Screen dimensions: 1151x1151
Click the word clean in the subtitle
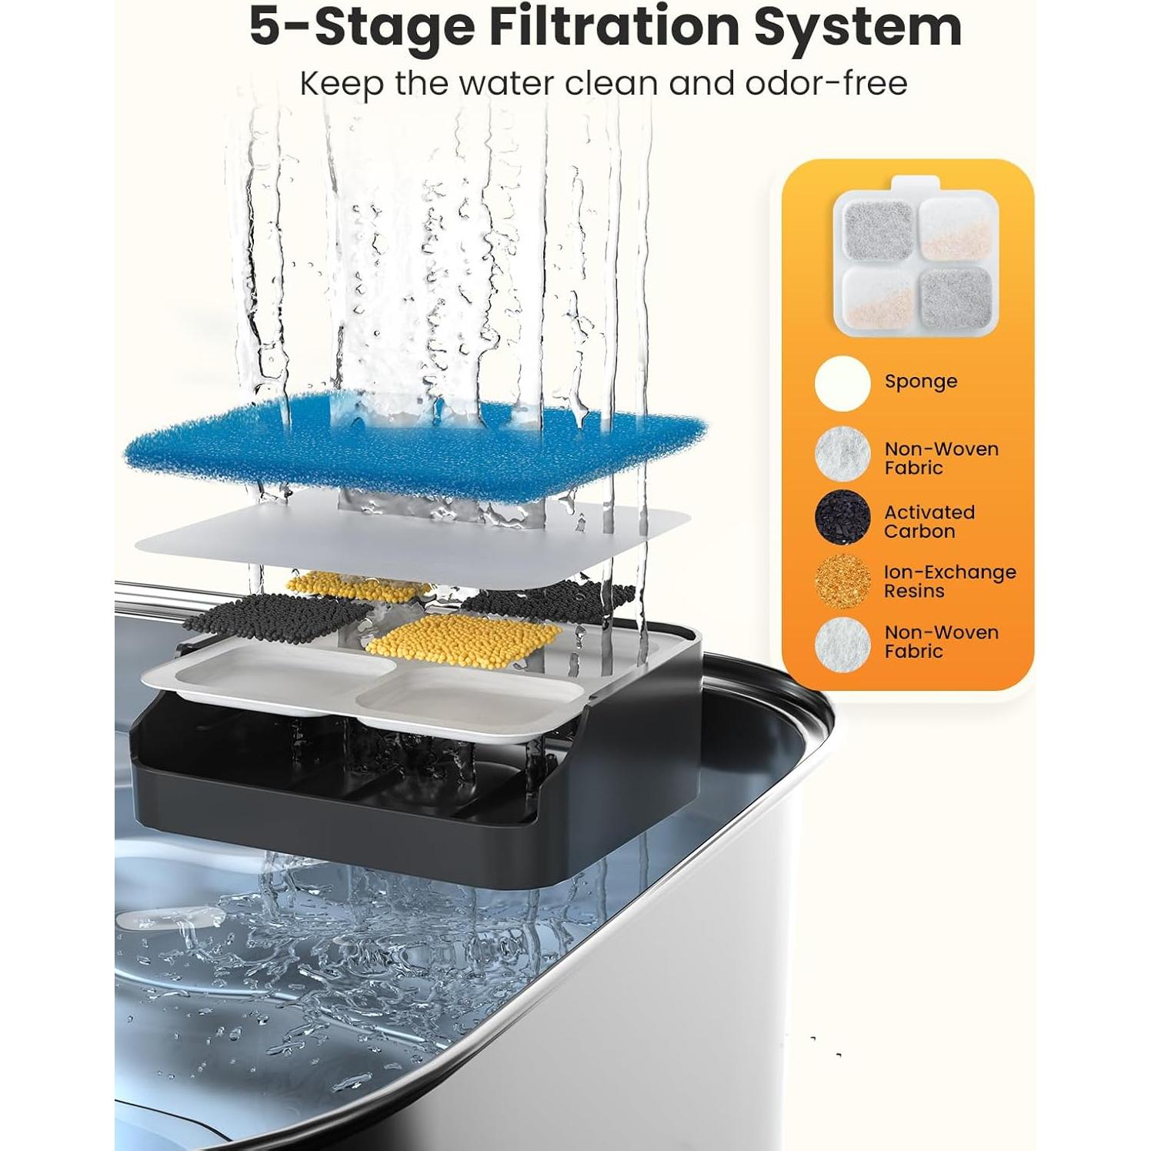[x=612, y=83]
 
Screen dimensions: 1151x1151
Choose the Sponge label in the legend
[x=920, y=382]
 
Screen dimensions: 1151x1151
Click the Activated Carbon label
[x=929, y=522]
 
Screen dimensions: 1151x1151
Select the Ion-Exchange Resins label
[x=949, y=582]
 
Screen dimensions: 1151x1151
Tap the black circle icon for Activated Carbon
[x=842, y=517]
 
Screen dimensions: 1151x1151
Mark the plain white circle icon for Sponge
[x=842, y=383]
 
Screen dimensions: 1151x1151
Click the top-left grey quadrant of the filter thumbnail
[x=877, y=228]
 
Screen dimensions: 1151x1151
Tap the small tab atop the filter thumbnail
[x=916, y=183]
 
